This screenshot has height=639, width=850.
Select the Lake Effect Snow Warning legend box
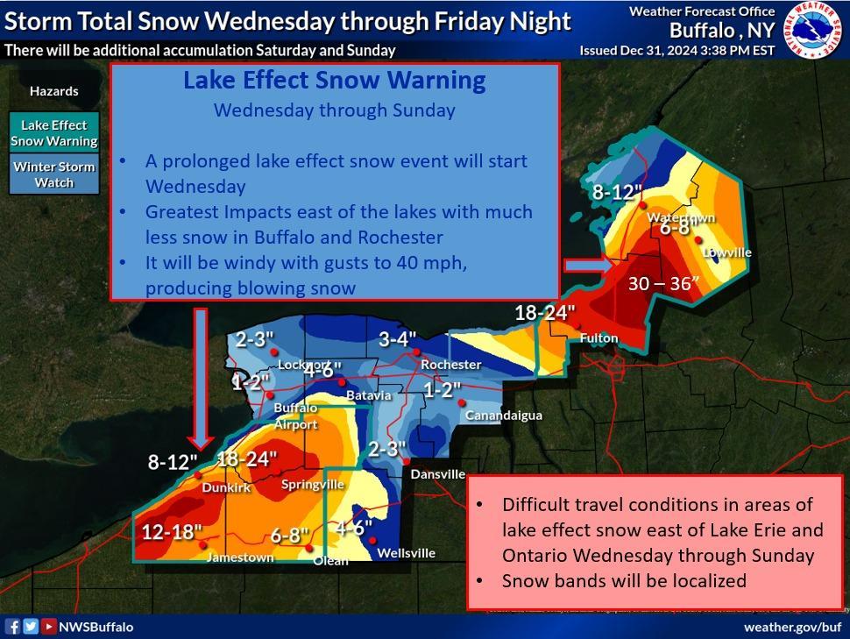tap(54, 132)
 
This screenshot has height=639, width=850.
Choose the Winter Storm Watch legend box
tap(54, 174)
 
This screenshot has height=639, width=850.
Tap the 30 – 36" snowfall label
tap(662, 283)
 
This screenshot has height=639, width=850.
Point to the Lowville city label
tap(726, 252)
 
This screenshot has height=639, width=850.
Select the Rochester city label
tap(450, 364)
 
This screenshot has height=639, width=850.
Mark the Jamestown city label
tap(239, 557)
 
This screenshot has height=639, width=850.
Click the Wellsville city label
tap(406, 553)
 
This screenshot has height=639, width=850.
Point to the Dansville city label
tap(438, 473)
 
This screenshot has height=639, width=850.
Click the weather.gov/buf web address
tap(791, 627)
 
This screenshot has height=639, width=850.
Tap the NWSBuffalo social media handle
tap(96, 627)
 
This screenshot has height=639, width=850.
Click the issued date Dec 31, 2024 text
tap(676, 50)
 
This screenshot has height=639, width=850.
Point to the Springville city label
tap(312, 485)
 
